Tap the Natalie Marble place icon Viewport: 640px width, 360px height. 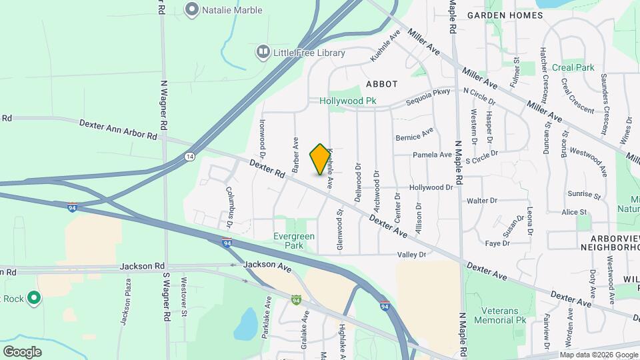click(193, 10)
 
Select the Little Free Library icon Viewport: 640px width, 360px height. click(263, 52)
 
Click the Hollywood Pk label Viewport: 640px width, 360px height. click(347, 101)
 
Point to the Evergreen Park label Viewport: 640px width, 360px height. click(294, 241)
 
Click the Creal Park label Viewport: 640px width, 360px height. click(573, 67)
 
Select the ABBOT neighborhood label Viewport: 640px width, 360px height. click(381, 84)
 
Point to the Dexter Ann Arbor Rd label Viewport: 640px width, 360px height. click(118, 129)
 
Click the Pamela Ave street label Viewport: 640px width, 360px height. click(432, 155)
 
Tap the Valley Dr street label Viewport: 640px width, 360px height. click(411, 255)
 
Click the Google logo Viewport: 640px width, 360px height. click(22, 351)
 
